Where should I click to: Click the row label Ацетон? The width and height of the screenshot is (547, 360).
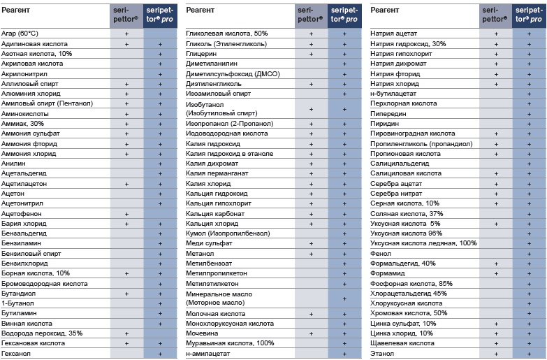click(13, 194)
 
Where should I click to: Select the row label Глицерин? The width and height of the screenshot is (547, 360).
click(201, 54)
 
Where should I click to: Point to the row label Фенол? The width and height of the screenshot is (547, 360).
click(381, 254)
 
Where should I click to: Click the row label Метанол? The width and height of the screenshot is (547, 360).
click(200, 254)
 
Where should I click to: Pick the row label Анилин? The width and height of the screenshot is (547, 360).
click(13, 164)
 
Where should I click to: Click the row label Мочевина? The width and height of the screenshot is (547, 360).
click(202, 333)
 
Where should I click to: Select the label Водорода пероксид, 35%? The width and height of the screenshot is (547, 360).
click(42, 333)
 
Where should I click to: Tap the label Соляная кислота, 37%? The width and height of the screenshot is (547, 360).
click(407, 214)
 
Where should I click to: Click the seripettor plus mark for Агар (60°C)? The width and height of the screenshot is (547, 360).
click(126, 34)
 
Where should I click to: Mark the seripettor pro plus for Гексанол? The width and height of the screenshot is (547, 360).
click(160, 354)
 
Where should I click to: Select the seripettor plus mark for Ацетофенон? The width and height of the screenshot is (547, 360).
click(126, 214)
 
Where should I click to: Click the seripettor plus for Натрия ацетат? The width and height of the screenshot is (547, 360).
click(496, 34)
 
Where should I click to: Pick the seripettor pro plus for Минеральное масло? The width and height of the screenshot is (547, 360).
click(344, 299)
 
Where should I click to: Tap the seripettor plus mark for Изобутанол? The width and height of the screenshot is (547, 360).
click(311, 109)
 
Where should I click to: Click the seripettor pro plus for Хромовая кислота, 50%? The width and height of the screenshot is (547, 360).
click(530, 314)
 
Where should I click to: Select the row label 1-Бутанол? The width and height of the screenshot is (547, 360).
click(17, 303)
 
